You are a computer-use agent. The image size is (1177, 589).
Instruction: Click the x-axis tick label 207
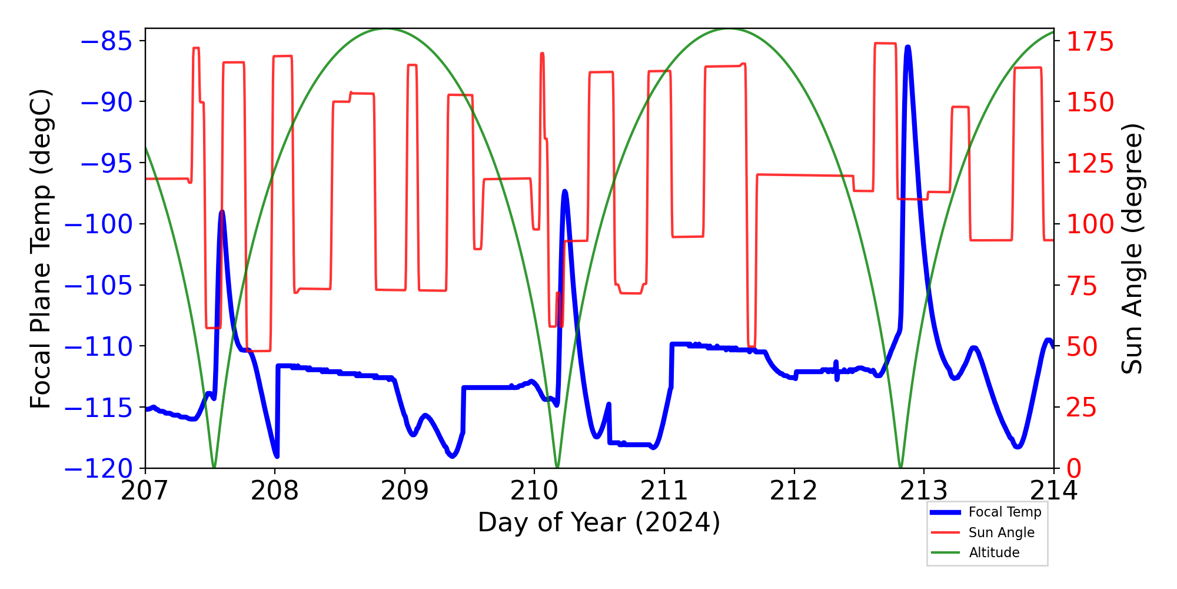tap(145, 491)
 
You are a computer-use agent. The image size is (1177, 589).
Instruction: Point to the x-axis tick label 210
tap(534, 491)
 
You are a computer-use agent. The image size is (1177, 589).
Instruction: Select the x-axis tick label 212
tap(794, 491)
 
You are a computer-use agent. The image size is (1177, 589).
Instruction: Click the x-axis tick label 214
tap(1053, 491)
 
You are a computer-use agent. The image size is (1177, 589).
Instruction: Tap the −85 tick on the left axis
tap(105, 41)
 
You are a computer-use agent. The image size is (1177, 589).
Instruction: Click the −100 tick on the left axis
tap(98, 224)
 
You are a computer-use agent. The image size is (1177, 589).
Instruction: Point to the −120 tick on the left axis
tap(98, 469)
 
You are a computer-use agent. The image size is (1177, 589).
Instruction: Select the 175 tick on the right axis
tap(1090, 42)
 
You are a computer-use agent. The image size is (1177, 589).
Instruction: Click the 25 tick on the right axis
tap(1082, 408)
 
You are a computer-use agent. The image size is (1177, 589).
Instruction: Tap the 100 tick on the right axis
tap(1090, 224)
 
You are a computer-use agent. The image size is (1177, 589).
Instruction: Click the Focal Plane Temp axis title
tap(41, 249)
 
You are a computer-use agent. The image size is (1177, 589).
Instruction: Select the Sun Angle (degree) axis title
tap(1131, 249)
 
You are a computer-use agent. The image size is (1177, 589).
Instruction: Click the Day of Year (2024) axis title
tap(599, 522)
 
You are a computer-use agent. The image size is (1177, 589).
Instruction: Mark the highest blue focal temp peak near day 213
tap(908, 47)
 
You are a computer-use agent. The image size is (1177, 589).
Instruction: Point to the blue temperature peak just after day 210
tap(564, 191)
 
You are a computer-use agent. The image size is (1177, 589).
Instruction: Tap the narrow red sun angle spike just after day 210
tap(542, 54)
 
